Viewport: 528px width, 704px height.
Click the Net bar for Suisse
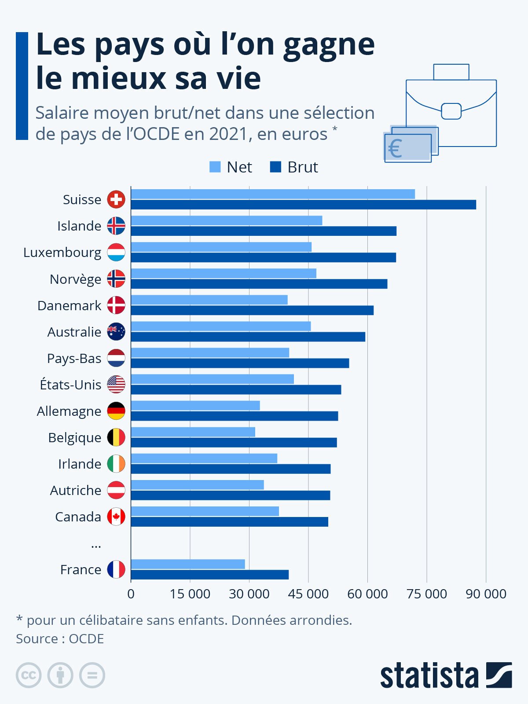point(273,194)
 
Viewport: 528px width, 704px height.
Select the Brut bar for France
point(210,575)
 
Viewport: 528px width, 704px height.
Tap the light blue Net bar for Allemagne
point(195,405)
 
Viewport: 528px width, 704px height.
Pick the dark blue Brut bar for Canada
point(230,522)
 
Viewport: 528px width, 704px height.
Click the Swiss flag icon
point(116,199)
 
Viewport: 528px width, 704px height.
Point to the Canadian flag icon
point(116,517)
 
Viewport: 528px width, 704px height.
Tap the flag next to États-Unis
point(116,385)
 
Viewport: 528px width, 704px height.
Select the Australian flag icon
point(116,332)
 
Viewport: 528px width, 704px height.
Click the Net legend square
point(215,167)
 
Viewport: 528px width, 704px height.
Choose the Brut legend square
point(275,167)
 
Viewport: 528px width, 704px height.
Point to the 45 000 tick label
point(308,594)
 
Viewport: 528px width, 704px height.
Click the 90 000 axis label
point(486,594)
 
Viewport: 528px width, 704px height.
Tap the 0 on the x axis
point(131,594)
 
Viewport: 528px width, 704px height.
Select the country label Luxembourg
point(62,253)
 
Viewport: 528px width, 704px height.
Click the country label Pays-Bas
point(74,359)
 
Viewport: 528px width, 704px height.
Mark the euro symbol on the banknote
point(395,149)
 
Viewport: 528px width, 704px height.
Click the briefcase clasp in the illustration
point(451,111)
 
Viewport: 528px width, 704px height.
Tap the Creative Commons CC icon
point(29,675)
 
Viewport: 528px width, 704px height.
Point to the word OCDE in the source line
point(86,638)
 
